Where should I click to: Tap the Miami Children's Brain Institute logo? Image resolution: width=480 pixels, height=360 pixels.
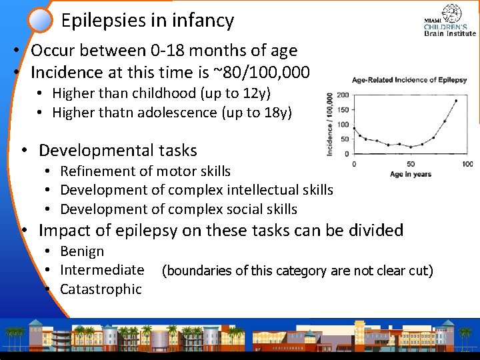[450, 21]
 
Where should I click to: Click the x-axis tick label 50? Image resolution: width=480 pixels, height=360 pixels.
[411, 164]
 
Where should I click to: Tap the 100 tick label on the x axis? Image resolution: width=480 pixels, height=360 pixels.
[467, 164]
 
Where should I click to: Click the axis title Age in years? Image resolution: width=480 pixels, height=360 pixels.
[411, 174]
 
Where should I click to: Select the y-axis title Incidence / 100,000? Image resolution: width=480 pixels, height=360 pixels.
[330, 125]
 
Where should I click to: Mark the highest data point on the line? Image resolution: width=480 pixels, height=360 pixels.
[456, 101]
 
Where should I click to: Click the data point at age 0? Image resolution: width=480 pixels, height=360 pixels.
[354, 129]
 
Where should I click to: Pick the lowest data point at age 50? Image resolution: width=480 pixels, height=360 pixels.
[411, 147]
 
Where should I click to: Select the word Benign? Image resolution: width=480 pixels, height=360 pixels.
[82, 251]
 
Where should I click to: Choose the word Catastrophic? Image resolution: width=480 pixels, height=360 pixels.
[101, 289]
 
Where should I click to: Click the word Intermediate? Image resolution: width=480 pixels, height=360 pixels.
[102, 270]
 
